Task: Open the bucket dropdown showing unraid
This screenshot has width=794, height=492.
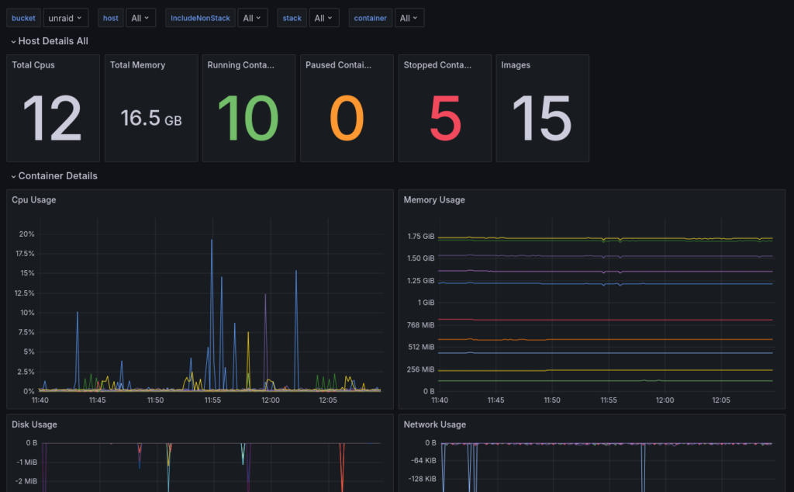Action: tap(65, 18)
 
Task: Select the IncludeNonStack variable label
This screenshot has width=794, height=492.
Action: tap(200, 18)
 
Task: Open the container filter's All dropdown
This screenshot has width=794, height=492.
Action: tap(408, 18)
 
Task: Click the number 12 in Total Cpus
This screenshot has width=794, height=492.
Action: tap(52, 119)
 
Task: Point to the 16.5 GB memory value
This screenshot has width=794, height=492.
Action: tap(151, 119)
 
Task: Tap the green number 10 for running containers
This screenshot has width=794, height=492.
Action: tap(247, 119)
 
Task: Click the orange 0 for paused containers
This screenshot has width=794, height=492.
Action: tap(346, 119)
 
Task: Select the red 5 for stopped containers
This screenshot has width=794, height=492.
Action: tap(445, 119)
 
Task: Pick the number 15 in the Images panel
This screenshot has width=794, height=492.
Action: tap(541, 119)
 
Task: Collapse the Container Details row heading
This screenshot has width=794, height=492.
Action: tap(57, 176)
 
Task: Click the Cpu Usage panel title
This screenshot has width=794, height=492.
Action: tap(33, 200)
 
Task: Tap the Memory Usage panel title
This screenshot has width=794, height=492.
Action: tap(434, 200)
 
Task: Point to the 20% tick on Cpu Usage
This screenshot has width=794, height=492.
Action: tap(26, 234)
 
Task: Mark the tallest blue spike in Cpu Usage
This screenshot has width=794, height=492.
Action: tap(212, 242)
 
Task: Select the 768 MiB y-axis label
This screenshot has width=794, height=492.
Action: tap(423, 325)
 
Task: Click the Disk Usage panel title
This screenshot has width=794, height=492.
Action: tap(34, 424)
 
